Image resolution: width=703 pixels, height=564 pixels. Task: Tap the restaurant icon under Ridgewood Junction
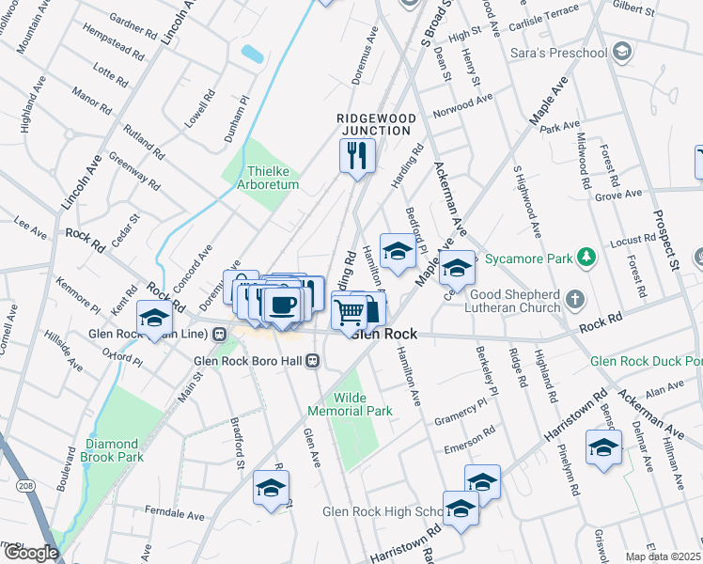(x=357, y=156)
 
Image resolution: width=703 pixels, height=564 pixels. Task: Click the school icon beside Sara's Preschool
(x=620, y=52)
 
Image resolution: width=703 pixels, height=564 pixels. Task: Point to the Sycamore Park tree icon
(x=586, y=256)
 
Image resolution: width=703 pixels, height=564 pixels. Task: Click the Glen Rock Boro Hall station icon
(x=318, y=359)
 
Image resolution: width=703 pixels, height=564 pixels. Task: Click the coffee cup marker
(x=282, y=304)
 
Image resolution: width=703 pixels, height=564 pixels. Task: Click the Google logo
(x=30, y=553)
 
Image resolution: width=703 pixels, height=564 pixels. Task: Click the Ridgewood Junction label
(x=376, y=124)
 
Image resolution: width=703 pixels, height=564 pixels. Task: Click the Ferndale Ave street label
(x=175, y=515)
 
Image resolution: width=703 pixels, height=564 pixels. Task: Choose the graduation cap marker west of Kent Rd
(x=155, y=316)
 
